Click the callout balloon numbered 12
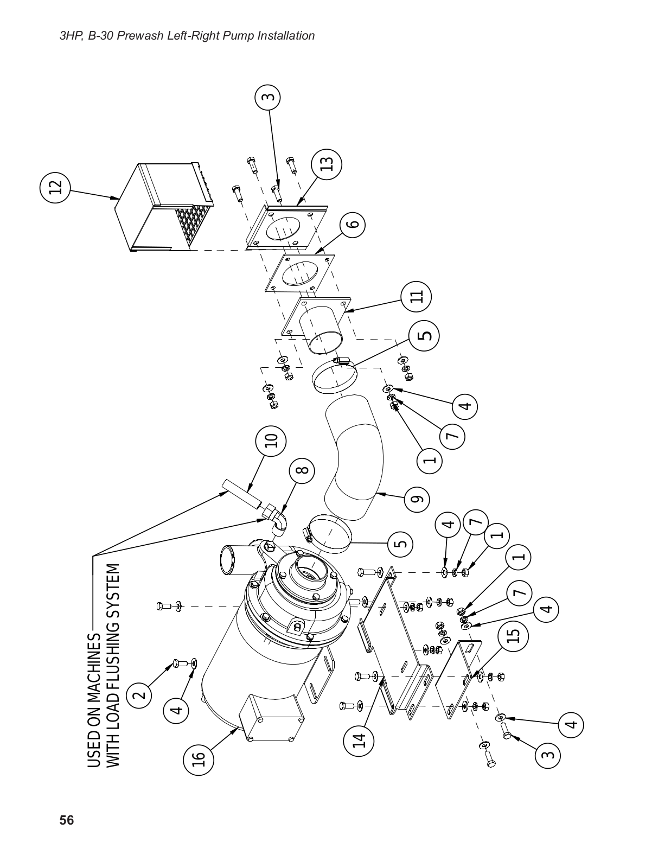pyautogui.click(x=55, y=187)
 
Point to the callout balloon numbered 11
pyautogui.click(x=416, y=296)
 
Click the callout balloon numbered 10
pyautogui.click(x=272, y=441)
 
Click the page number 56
pyautogui.click(x=66, y=820)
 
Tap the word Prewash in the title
pyautogui.click(x=162, y=36)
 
